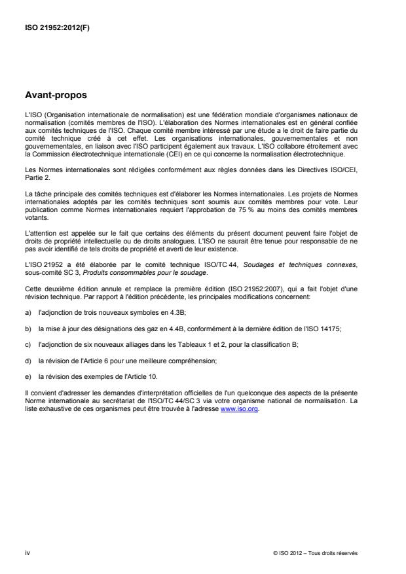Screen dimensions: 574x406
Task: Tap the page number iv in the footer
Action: click(27, 553)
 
